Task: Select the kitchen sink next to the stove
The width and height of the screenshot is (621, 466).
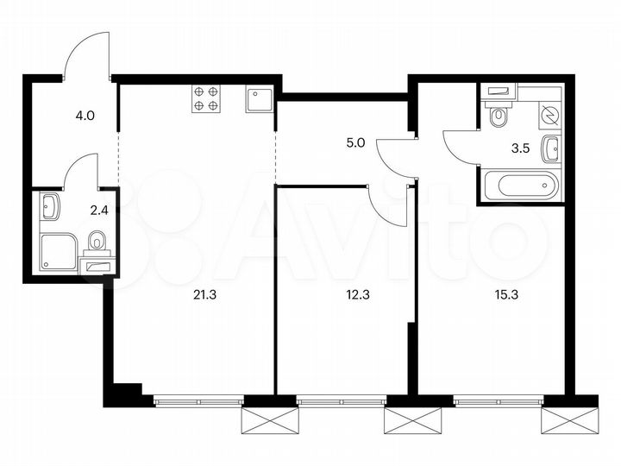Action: coord(259,100)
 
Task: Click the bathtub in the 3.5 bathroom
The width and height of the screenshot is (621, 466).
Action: coord(519,184)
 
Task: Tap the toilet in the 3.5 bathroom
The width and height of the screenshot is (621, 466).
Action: coord(498,116)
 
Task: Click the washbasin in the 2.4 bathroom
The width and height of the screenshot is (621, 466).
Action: coord(49,207)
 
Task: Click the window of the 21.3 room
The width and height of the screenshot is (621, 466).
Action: coord(198,400)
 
